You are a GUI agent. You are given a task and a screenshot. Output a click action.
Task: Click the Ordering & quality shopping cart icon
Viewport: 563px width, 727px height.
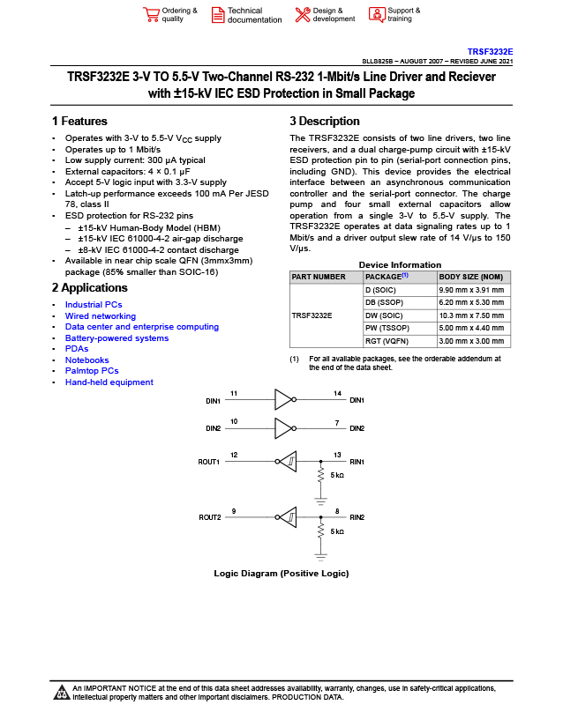tap(150, 14)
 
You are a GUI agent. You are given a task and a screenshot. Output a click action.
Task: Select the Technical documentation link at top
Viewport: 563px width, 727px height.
tap(254, 15)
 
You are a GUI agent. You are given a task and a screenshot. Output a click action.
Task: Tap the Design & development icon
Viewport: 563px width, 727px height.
tap(302, 14)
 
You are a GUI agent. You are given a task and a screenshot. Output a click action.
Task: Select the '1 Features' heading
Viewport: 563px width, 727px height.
tap(79, 122)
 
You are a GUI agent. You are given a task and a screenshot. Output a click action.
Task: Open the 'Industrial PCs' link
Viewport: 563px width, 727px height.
tap(94, 305)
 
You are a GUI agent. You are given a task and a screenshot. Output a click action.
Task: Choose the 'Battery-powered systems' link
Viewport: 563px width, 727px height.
tap(116, 338)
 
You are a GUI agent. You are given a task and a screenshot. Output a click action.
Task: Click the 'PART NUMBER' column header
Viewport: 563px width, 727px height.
tap(318, 277)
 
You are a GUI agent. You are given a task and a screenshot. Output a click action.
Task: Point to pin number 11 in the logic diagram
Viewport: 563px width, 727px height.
tap(234, 392)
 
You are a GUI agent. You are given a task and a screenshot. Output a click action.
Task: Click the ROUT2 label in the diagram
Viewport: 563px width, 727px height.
tap(209, 517)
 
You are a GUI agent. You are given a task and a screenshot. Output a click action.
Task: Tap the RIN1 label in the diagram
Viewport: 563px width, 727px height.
tap(357, 462)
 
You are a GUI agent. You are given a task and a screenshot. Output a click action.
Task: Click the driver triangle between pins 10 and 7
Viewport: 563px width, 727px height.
tap(282, 428)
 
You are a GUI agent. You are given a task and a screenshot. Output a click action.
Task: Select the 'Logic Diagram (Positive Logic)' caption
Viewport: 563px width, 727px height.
tap(281, 574)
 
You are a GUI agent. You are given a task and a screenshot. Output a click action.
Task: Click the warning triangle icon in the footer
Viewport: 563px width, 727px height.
tap(62, 692)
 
